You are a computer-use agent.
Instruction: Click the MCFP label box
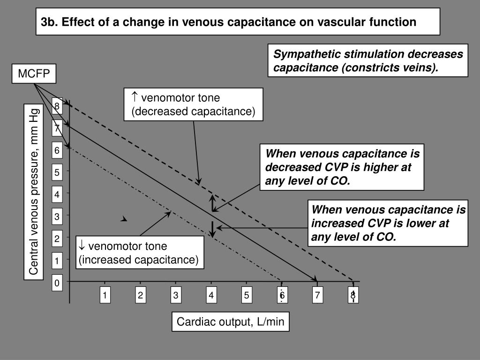pyautogui.click(x=34, y=74)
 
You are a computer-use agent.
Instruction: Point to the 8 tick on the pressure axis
pyautogui.click(x=57, y=106)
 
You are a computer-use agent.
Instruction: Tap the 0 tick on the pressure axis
pyautogui.click(x=57, y=283)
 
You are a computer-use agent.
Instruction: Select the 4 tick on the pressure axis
pyautogui.click(x=57, y=194)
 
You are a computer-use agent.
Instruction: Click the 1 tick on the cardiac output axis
pyautogui.click(x=105, y=295)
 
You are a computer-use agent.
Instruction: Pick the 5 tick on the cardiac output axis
pyautogui.click(x=247, y=295)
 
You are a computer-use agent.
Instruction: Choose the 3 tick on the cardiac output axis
pyautogui.click(x=176, y=295)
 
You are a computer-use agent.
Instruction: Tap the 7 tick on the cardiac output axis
pyautogui.click(x=317, y=295)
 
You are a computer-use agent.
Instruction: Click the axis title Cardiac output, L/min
pyautogui.click(x=230, y=322)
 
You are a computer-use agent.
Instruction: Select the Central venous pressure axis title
pyautogui.click(x=34, y=192)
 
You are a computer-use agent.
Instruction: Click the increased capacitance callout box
pyautogui.click(x=140, y=253)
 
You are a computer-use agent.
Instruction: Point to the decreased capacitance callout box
pyautogui.click(x=193, y=105)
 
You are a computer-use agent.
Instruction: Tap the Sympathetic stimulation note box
pyautogui.click(x=368, y=61)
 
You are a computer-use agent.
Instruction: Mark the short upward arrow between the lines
pyautogui.click(x=213, y=202)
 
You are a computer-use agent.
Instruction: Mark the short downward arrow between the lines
pyautogui.click(x=213, y=228)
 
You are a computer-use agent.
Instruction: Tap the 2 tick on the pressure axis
pyautogui.click(x=57, y=239)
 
